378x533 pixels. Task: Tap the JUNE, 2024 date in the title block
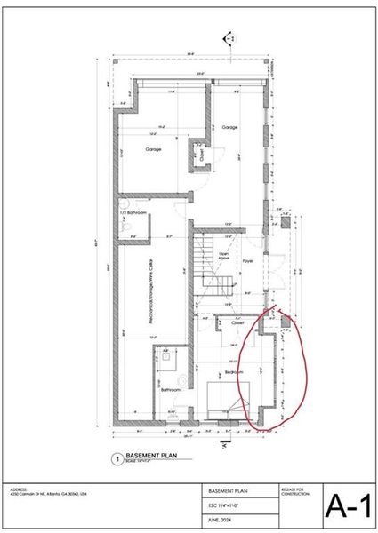pyautogui.click(x=219, y=521)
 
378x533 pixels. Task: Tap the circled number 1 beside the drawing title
pyautogui.click(x=115, y=459)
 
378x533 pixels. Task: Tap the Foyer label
pyautogui.click(x=248, y=261)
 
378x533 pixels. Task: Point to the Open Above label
pyautogui.click(x=225, y=257)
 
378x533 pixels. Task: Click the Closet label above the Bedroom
pyautogui.click(x=237, y=323)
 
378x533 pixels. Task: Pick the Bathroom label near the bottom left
pyautogui.click(x=170, y=390)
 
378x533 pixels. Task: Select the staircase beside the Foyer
pyautogui.click(x=214, y=266)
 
